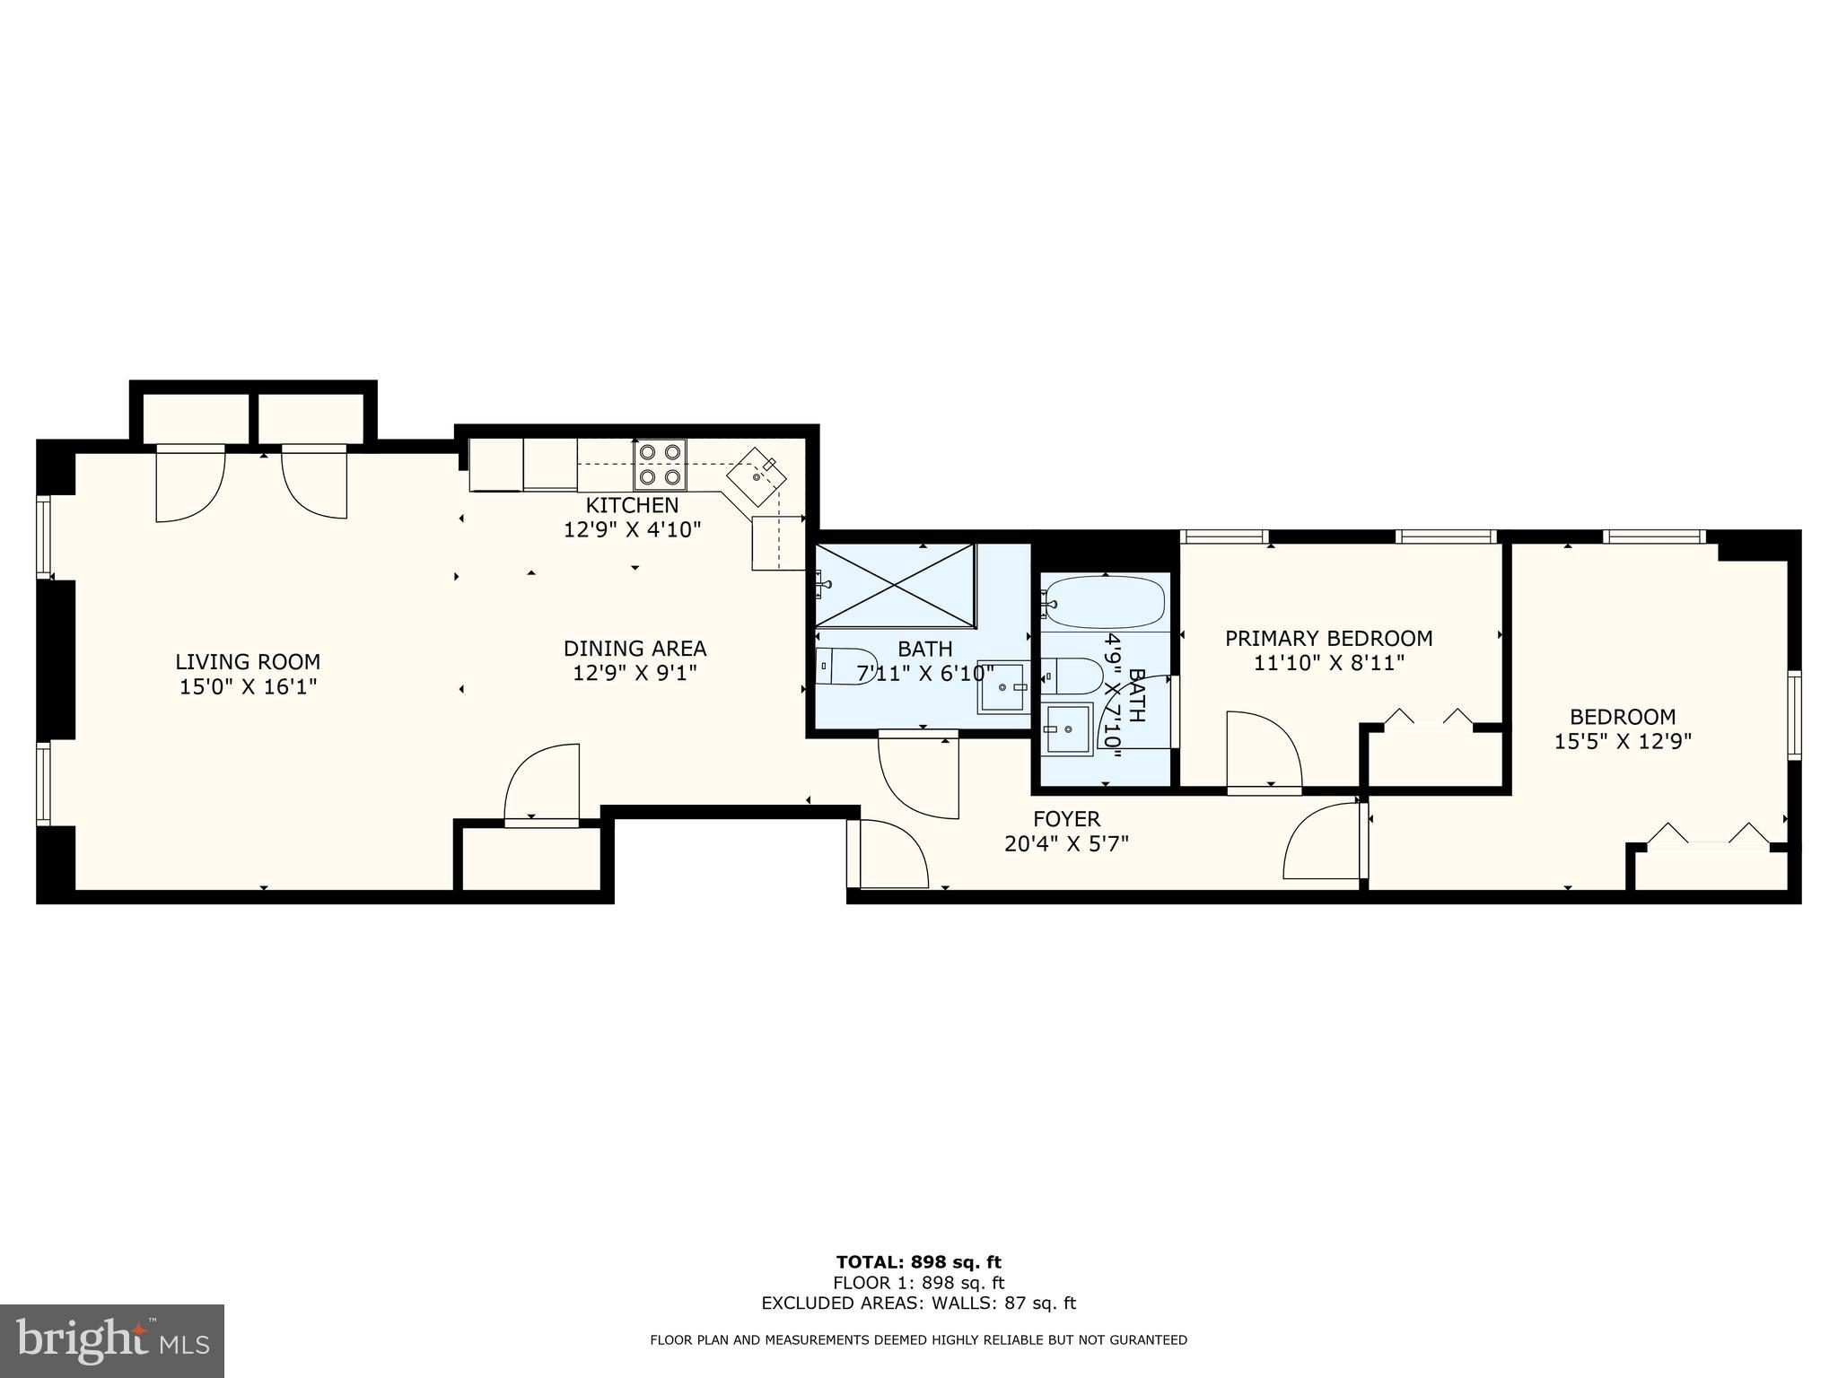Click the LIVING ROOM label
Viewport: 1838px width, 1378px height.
click(247, 662)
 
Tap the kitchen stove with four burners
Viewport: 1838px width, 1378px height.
click(660, 464)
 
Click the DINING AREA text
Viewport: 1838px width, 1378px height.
click(635, 648)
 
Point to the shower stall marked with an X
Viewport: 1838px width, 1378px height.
click(895, 584)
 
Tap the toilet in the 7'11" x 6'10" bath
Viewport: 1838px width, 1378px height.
click(845, 667)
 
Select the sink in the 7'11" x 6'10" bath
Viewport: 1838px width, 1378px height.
click(1003, 687)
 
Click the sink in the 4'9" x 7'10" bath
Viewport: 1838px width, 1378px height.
click(1067, 729)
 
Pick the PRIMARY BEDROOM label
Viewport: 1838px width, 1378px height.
click(1328, 639)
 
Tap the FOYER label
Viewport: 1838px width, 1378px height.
click(1066, 818)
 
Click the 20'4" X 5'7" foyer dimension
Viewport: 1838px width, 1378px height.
click(1066, 843)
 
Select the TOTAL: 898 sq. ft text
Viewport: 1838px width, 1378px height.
click(918, 1262)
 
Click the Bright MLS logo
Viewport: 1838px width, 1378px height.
click(112, 1340)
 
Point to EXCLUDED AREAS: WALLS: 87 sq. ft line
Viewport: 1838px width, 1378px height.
click(918, 1303)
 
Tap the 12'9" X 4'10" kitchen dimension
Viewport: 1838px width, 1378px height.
click(632, 529)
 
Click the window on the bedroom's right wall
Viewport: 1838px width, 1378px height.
click(1793, 715)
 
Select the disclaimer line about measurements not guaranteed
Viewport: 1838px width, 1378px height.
click(918, 1340)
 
